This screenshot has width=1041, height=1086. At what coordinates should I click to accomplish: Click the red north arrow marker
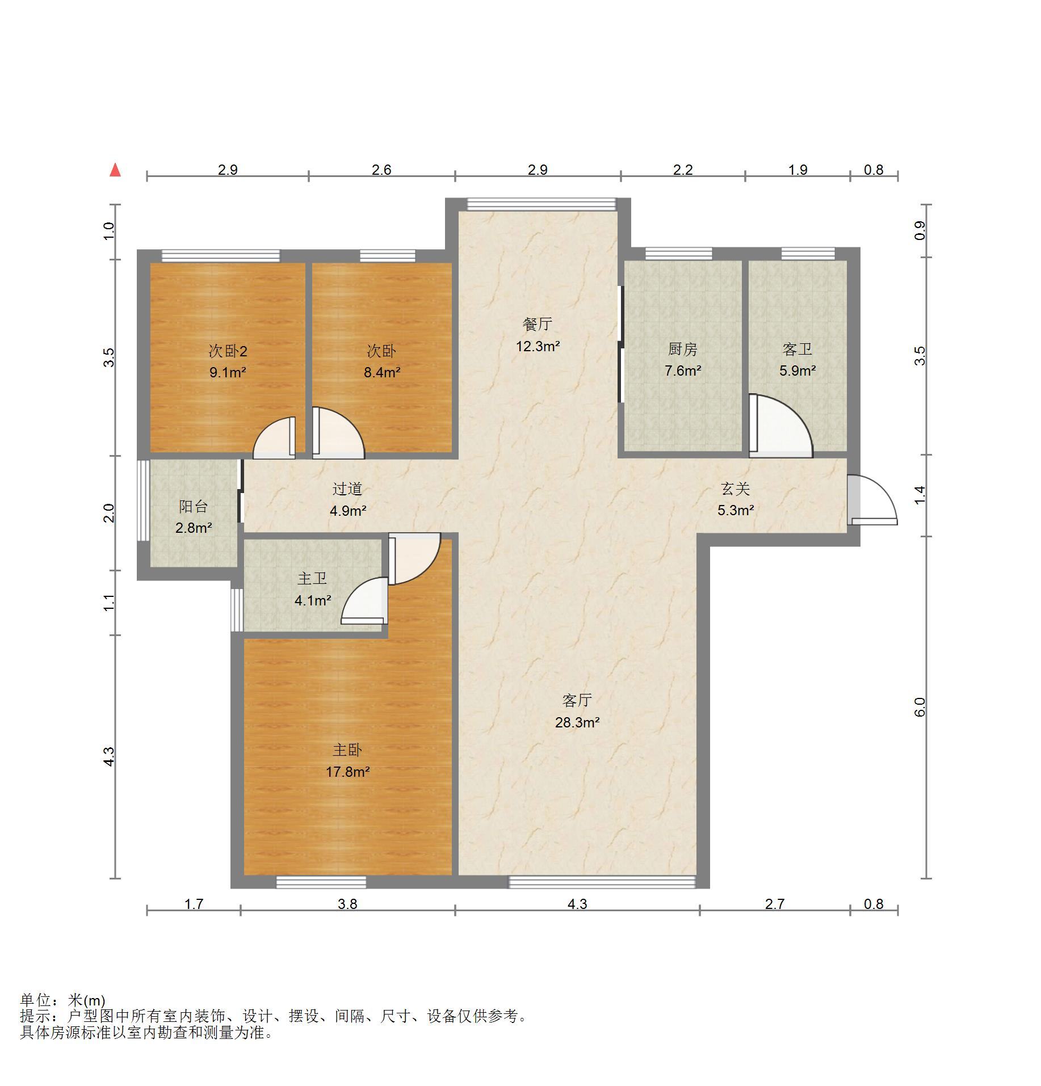tap(115, 170)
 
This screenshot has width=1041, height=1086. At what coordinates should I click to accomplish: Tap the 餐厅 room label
tap(537, 324)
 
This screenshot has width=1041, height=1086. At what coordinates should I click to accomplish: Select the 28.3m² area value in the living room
tap(577, 722)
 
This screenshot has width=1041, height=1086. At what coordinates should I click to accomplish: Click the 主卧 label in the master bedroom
tap(347, 750)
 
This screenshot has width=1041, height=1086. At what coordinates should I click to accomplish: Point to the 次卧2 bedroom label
tap(228, 351)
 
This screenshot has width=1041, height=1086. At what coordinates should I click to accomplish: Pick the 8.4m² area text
tap(382, 373)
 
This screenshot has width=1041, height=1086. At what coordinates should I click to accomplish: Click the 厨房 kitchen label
tap(683, 349)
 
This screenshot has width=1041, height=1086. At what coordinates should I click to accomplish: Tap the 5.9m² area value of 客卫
tap(797, 371)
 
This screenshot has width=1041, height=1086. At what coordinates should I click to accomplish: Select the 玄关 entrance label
tap(736, 489)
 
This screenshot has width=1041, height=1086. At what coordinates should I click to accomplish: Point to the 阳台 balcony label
tap(193, 506)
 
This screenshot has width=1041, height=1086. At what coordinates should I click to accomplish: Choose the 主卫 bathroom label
tap(312, 578)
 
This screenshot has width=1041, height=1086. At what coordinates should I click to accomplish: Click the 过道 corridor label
tap(347, 489)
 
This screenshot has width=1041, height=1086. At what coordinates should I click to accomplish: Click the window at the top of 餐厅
tap(541, 204)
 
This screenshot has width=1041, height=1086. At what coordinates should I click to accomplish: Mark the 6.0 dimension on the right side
tap(920, 707)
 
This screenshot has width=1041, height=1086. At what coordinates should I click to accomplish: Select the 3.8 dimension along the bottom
tap(347, 903)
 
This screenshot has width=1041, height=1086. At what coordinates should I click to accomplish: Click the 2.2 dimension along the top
tap(683, 170)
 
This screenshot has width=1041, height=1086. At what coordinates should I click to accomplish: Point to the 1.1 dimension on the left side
tap(109, 603)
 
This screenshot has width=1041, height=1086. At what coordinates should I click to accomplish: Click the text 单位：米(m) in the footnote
tap(63, 1000)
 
